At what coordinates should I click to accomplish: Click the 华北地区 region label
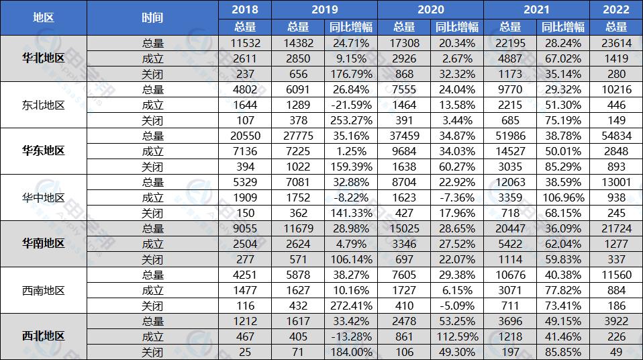(x=44, y=58)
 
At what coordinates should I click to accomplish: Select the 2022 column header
(x=616, y=9)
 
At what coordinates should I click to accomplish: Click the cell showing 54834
(x=616, y=136)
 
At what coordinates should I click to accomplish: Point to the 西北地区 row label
(x=44, y=336)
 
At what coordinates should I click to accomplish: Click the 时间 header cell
(x=153, y=18)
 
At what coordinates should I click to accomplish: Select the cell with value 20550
(x=245, y=136)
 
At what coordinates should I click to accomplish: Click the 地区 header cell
(x=44, y=18)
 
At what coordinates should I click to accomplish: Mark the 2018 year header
(x=245, y=9)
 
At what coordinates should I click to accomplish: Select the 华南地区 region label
(x=44, y=243)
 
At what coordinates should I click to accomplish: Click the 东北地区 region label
(x=44, y=105)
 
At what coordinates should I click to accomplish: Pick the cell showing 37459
(x=404, y=136)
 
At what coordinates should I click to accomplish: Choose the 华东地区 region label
(x=44, y=151)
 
